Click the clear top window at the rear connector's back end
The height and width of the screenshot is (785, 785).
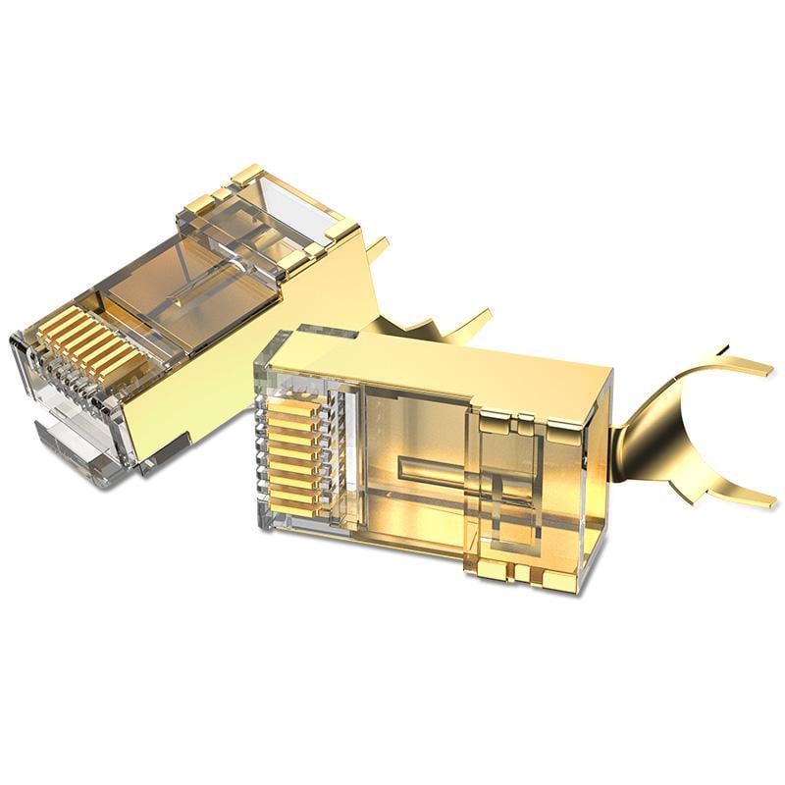294,211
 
